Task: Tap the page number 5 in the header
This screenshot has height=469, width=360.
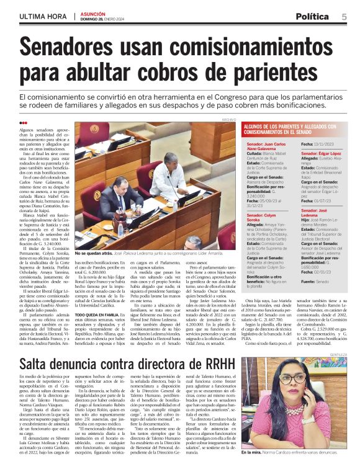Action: [x=343, y=17]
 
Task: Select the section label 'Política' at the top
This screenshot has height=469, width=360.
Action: [x=312, y=17]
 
